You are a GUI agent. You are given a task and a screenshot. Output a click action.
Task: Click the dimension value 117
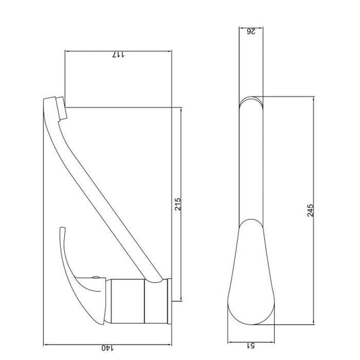[x=118, y=55]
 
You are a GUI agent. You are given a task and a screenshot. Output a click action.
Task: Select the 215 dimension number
[x=178, y=204]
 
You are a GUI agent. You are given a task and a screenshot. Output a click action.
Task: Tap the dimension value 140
[x=107, y=348]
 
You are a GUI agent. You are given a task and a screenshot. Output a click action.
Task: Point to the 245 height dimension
[x=310, y=210]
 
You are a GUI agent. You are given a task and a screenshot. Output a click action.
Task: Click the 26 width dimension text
[x=251, y=31]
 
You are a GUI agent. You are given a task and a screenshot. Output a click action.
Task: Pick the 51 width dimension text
[x=251, y=345]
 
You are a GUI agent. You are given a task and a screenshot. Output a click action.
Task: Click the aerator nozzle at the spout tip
[x=61, y=108]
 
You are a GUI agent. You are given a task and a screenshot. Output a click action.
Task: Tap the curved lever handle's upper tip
[x=62, y=228]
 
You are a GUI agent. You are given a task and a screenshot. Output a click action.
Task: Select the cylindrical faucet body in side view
[x=128, y=301]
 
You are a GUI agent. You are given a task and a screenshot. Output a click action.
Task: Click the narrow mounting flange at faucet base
[x=170, y=301]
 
